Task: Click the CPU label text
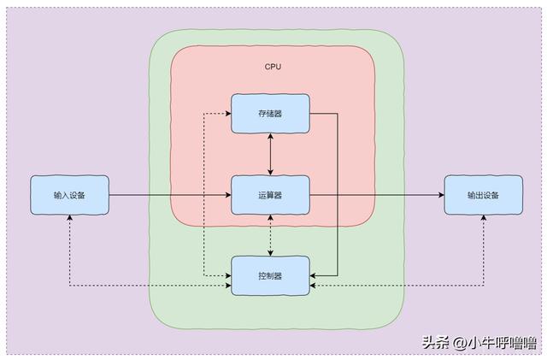[273, 67]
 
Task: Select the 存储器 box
[270, 114]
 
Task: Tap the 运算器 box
[270, 195]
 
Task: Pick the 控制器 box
[270, 275]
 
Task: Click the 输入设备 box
[69, 195]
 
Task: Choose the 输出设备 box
[483, 195]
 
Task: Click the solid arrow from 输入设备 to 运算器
[170, 195]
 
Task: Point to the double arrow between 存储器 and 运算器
[270, 154]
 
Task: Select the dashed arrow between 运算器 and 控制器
[270, 235]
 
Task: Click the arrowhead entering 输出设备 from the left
[441, 195]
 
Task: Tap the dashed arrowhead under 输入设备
[70, 217]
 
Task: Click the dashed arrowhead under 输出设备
[484, 217]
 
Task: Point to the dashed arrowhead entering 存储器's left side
[228, 114]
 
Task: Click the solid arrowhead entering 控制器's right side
[313, 275]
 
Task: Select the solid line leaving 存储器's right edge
[338, 194]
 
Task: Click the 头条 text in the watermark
[436, 343]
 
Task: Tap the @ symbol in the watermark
[459, 343]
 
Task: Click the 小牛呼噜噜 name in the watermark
[502, 343]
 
